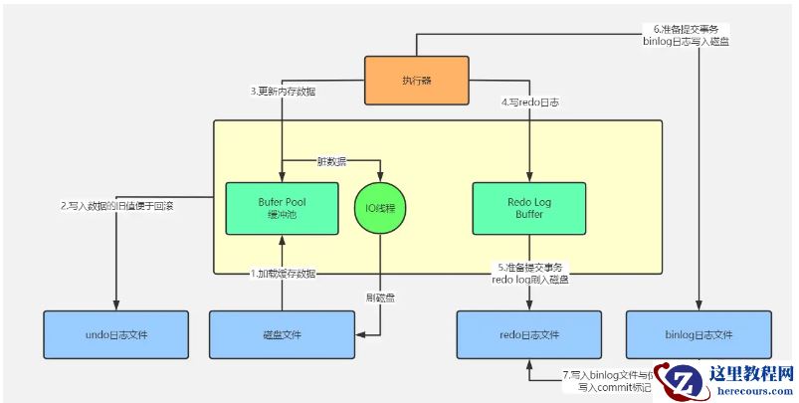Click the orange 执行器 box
tap(416, 81)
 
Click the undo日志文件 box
tap(117, 334)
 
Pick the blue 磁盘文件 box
tap(282, 334)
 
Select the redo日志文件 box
tap(528, 334)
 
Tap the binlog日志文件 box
tap(699, 334)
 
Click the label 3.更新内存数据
tap(283, 92)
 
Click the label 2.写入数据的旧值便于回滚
tap(117, 207)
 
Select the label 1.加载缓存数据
tap(283, 273)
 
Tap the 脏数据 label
tap(331, 159)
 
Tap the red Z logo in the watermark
tap(684, 382)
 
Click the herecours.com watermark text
tap(750, 392)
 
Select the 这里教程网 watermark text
tap(750, 374)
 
